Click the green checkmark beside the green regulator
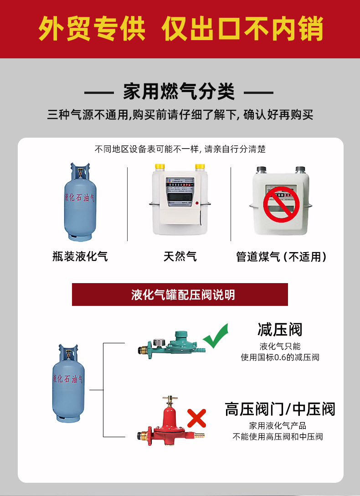tap(215, 336)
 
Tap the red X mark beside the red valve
tap(196, 418)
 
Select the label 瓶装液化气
tap(80, 256)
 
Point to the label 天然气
tap(180, 256)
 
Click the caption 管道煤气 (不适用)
tap(281, 257)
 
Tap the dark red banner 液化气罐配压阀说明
tap(180, 294)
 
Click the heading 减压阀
tap(280, 329)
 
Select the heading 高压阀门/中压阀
tap(280, 409)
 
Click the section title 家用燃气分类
tap(179, 92)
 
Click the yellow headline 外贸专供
tap(92, 28)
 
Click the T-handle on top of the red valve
tap(170, 398)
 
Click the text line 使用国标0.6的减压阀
tap(280, 357)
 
